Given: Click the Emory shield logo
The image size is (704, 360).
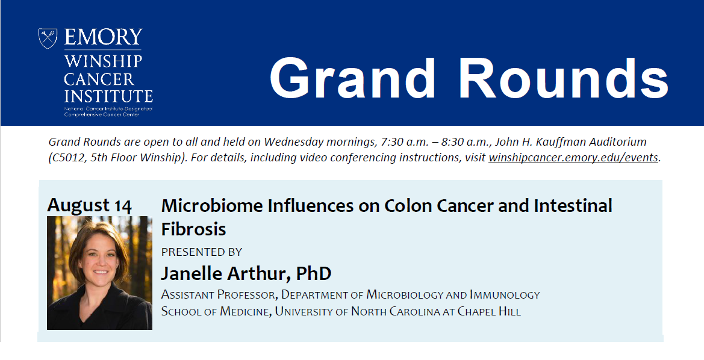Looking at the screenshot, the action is [48, 38].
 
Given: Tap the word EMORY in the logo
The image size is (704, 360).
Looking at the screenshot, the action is [103, 37].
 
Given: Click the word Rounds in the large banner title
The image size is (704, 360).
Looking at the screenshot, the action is [564, 78].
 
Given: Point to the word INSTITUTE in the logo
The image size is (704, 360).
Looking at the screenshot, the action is [108, 96].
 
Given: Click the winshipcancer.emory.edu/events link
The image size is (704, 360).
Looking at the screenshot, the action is [573, 158].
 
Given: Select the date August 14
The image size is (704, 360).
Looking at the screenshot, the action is [89, 205].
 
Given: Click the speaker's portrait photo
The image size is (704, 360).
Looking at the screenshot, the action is [100, 273].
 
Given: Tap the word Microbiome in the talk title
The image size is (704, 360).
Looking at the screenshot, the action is [212, 206].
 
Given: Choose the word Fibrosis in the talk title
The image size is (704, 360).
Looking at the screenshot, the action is [193, 229].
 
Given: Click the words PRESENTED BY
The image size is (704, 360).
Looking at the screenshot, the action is [202, 252].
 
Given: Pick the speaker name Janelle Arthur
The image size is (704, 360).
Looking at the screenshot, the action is [226, 273].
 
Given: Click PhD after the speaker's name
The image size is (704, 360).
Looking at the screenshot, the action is [314, 273].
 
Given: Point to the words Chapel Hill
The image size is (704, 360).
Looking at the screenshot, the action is [489, 311].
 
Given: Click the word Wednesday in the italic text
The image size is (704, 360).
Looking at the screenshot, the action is [294, 142].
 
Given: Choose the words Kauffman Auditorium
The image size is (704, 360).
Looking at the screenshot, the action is [589, 142].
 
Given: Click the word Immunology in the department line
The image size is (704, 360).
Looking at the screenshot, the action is [505, 294].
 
